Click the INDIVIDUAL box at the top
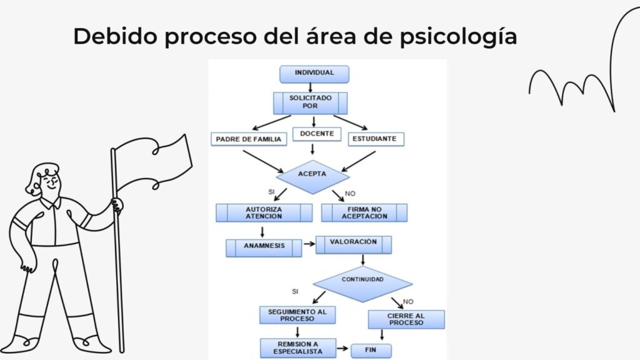click(x=314, y=74)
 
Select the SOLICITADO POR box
click(x=310, y=102)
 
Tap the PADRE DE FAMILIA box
click(x=249, y=139)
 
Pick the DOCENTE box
click(x=316, y=134)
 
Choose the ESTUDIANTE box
click(x=376, y=139)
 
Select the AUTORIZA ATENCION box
click(x=264, y=212)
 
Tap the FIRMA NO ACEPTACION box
click(x=364, y=212)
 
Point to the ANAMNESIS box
click(x=264, y=247)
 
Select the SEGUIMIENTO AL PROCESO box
click(x=297, y=314)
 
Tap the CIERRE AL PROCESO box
click(x=406, y=319)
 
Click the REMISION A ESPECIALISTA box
click(x=297, y=347)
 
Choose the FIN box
click(x=371, y=350)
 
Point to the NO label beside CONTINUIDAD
click(x=408, y=301)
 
